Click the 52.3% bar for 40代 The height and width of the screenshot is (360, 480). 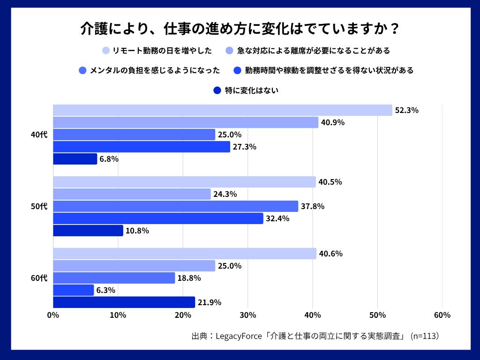click(x=223, y=110)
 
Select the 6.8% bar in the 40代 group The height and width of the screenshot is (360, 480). click(x=75, y=159)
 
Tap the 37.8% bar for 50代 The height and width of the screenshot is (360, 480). click(x=175, y=206)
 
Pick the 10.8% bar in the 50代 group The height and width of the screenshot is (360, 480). click(x=88, y=231)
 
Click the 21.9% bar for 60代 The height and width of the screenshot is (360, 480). click(x=124, y=302)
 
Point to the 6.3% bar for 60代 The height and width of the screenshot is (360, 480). click(x=74, y=290)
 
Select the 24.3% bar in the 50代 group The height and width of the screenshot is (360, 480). click(x=132, y=194)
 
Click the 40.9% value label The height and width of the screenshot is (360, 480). click(x=333, y=123)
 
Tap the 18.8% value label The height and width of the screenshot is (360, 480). click(x=189, y=278)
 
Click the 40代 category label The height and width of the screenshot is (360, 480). click(x=39, y=135)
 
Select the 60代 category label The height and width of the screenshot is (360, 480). click(x=39, y=278)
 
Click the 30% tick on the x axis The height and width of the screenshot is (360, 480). click(x=248, y=315)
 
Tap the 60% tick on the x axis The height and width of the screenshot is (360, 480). click(x=442, y=315)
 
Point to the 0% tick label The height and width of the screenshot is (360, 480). click(x=53, y=315)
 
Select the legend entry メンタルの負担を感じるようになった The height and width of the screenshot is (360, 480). click(x=154, y=71)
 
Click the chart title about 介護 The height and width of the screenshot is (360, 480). click(x=240, y=29)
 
